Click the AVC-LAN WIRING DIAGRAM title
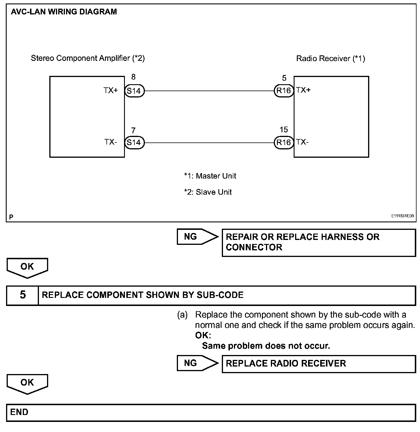tap(64, 12)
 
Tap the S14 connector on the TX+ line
tap(134, 91)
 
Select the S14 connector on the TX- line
tap(134, 142)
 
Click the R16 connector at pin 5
tap(284, 91)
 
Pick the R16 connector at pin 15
tap(284, 142)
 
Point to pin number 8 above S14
tap(133, 77)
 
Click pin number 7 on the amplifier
tap(133, 131)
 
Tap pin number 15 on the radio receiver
tap(284, 130)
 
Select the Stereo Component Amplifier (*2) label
tap(88, 58)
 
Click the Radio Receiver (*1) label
tap(331, 59)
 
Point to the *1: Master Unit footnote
tap(210, 176)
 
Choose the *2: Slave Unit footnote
tap(208, 192)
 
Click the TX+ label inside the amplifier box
tap(111, 91)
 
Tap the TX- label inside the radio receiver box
tap(302, 142)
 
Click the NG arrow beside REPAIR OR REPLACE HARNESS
tap(197, 237)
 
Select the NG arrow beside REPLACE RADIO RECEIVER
tap(197, 363)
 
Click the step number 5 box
tap(23, 295)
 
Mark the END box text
tap(19, 412)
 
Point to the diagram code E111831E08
tap(402, 216)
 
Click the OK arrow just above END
tap(27, 384)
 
